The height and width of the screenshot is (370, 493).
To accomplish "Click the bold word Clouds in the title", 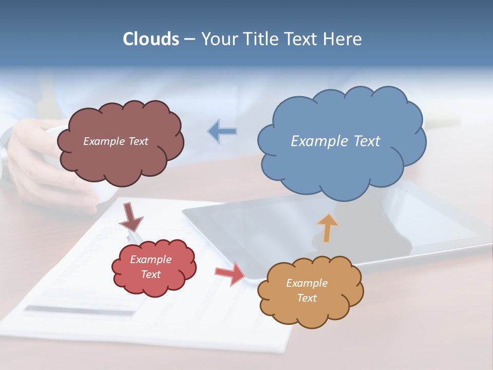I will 150,39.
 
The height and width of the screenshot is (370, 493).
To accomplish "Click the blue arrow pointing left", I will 222,132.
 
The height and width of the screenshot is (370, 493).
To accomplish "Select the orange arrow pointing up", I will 327,227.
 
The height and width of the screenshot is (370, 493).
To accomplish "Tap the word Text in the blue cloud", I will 366,141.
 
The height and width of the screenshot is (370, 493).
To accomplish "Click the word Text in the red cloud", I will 151,274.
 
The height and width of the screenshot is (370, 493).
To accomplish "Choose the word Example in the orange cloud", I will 307,283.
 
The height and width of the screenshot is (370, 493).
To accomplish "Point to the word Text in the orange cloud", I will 307,298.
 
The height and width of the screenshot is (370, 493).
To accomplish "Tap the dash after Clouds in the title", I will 189,40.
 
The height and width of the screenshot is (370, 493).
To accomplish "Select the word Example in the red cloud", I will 151,260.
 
